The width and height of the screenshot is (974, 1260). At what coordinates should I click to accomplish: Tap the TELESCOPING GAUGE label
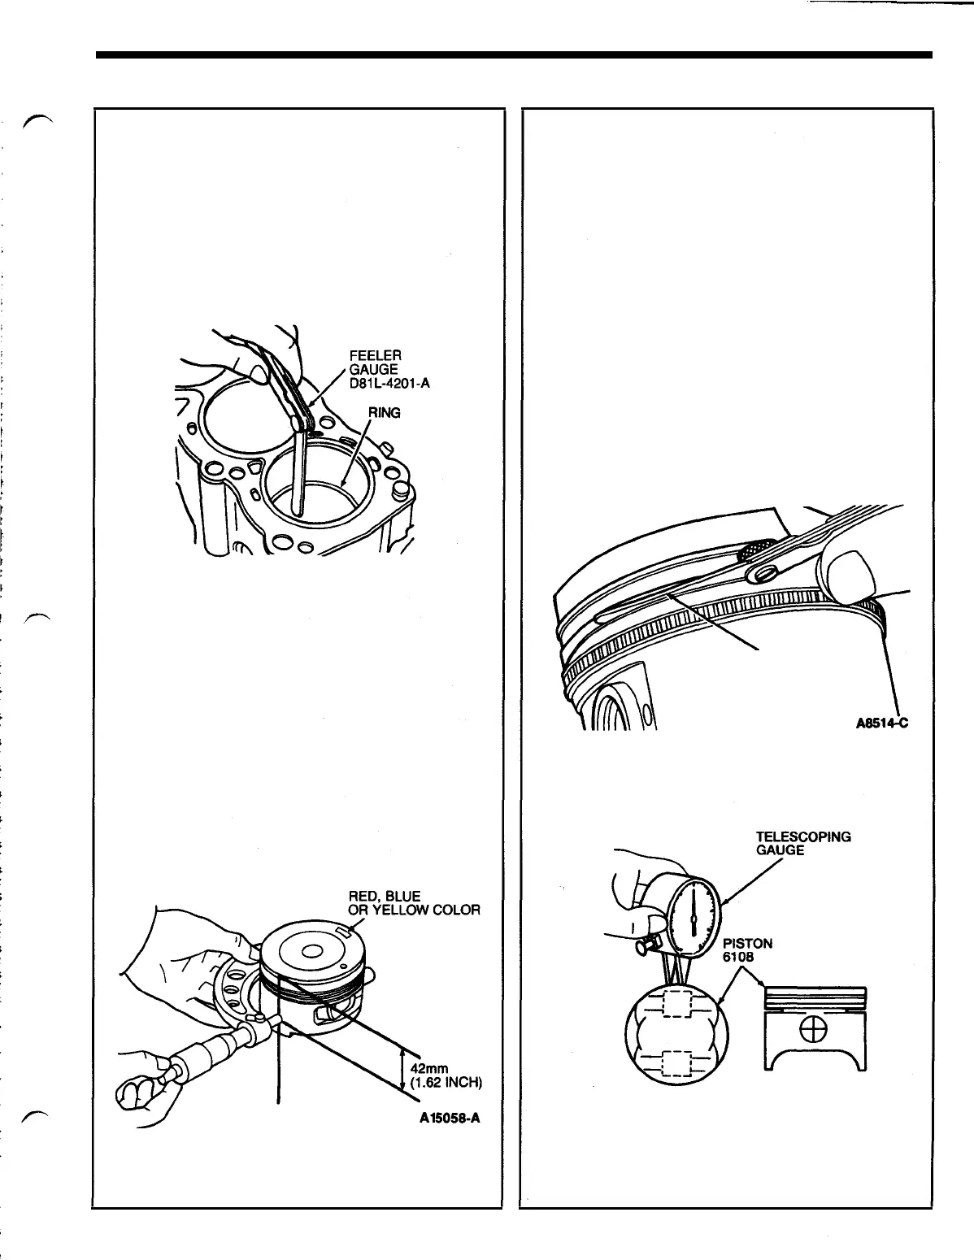click(x=803, y=843)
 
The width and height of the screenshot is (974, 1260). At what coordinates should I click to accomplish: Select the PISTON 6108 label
click(x=747, y=950)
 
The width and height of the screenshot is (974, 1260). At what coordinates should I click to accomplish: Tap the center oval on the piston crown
click(x=313, y=952)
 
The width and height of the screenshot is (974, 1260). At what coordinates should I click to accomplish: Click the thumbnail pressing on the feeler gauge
click(x=259, y=374)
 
